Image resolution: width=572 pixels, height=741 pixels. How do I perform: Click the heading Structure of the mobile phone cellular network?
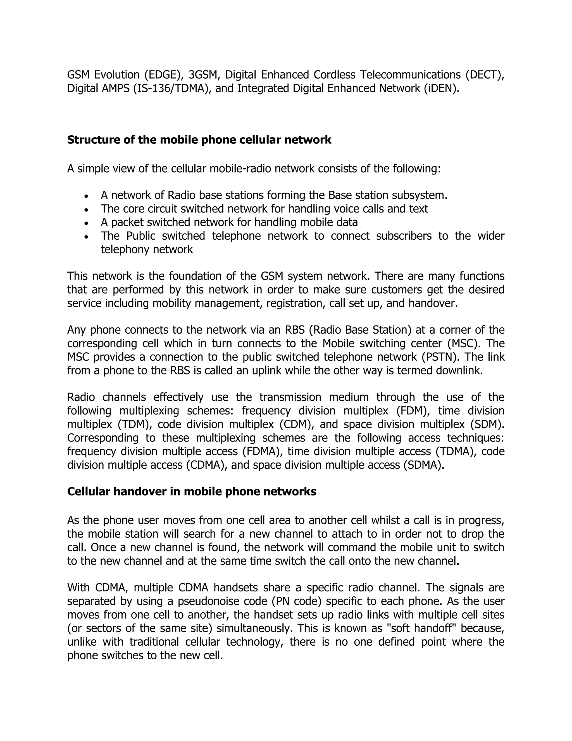(x=199, y=140)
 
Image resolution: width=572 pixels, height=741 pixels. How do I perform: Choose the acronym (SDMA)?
(x=424, y=464)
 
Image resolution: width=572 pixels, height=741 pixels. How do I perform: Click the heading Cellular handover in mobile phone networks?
(x=191, y=491)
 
